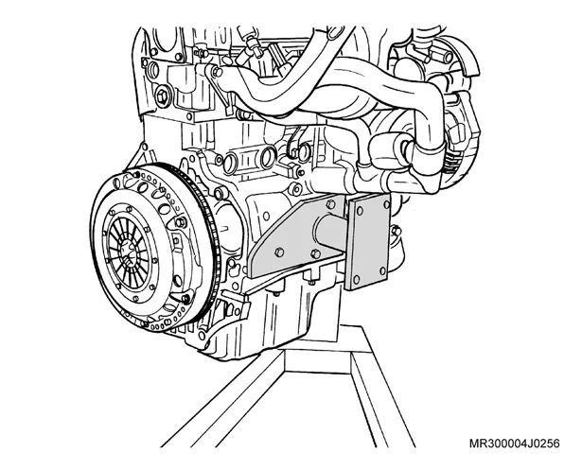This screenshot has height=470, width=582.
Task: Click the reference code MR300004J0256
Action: click(515, 444)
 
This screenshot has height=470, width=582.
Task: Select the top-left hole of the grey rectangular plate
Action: click(359, 212)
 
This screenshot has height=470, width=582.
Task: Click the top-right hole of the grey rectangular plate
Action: click(386, 204)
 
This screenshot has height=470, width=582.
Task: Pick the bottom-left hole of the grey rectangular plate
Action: click(357, 279)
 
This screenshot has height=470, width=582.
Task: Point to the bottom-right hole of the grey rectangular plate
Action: click(382, 271)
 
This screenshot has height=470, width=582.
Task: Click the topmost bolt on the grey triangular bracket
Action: click(330, 203)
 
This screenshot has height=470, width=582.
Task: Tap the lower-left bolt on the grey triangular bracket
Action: click(279, 252)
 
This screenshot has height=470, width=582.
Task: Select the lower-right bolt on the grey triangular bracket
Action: click(315, 254)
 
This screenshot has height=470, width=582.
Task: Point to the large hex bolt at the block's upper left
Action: click(163, 96)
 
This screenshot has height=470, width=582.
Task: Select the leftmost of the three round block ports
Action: click(231, 162)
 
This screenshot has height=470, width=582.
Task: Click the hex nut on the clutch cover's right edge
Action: click(181, 222)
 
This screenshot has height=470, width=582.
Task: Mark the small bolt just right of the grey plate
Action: click(396, 231)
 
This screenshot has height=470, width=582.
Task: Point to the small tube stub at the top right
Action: click(444, 57)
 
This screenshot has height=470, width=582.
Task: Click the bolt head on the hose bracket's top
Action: click(215, 71)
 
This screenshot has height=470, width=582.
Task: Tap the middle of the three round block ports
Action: click(268, 157)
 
